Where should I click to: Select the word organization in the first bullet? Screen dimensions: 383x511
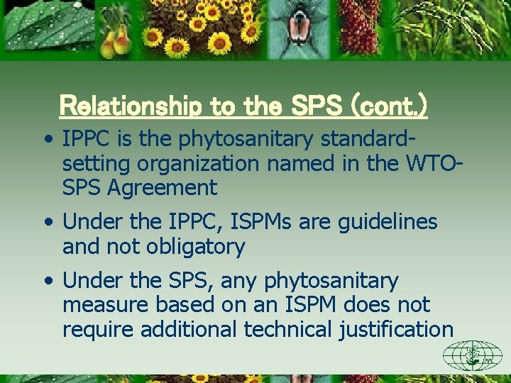[x=199, y=164]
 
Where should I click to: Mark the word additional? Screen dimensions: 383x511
[x=187, y=329]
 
